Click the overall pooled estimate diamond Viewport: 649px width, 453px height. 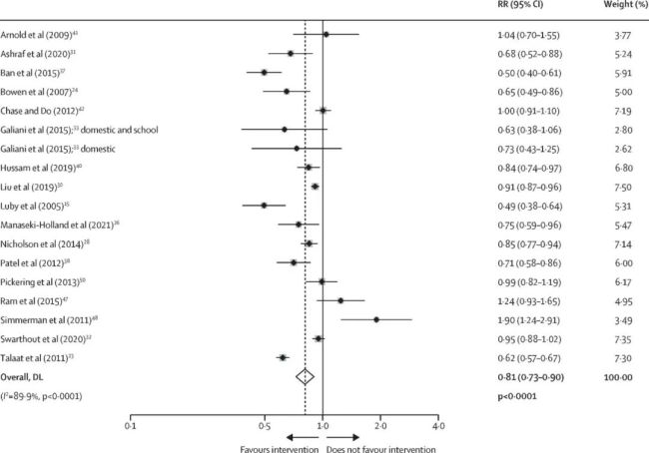coord(307,376)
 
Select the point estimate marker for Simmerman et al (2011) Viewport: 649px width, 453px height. coord(376,319)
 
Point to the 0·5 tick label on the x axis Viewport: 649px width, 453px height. coord(264,425)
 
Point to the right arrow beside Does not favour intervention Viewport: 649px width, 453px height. coord(343,437)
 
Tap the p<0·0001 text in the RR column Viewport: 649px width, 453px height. coord(518,395)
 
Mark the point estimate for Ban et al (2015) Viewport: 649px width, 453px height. coord(265,73)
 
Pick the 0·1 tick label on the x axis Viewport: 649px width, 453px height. coord(131,425)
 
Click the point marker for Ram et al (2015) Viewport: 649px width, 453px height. coord(340,300)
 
